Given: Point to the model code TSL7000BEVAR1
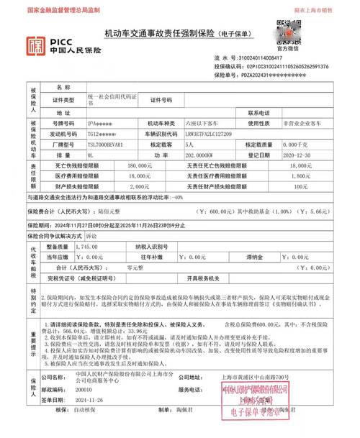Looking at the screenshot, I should coord(107,144).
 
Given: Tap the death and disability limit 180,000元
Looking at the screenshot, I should coord(141,165).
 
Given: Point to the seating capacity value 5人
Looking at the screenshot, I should coord(191,144).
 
